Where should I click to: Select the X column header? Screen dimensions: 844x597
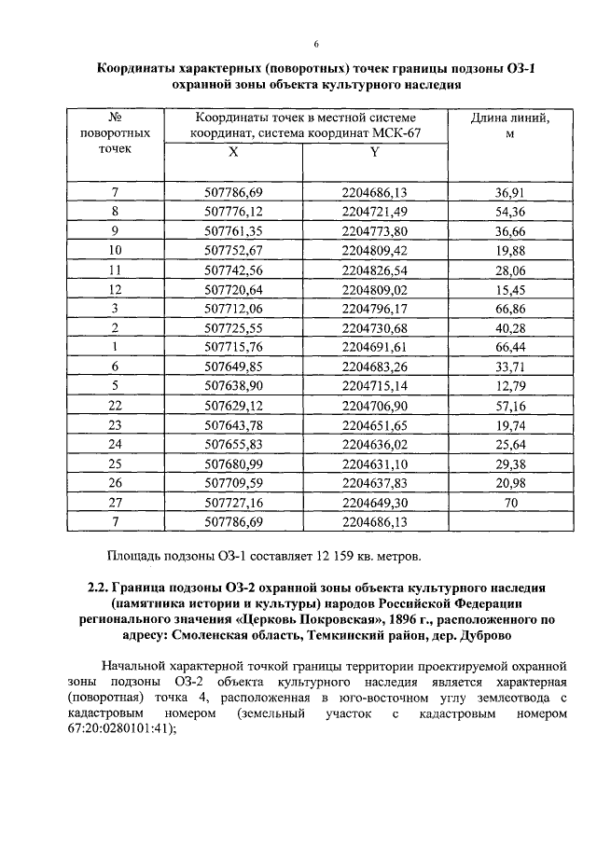[232, 152]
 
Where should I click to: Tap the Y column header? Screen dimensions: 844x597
[375, 152]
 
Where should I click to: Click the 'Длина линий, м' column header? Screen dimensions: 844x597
[509, 126]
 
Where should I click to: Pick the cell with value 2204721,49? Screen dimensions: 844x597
[375, 212]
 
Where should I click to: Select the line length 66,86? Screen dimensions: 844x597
[509, 308]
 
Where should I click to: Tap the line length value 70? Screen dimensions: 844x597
[509, 501]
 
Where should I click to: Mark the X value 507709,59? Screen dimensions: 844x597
[232, 481]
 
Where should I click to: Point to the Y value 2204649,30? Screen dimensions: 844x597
[375, 501]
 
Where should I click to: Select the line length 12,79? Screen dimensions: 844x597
[509, 385]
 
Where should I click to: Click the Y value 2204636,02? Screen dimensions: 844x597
[375, 443]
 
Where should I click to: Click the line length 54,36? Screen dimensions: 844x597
[509, 212]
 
